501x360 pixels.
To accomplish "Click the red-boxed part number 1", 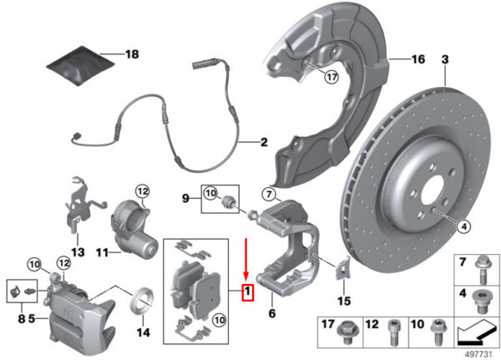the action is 248,292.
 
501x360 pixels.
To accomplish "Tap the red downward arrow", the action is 245,259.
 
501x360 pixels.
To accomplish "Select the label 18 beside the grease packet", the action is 132,54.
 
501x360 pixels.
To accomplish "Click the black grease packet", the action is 80,66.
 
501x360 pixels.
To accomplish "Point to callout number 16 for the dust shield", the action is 418,59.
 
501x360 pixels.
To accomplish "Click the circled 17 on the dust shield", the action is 331,77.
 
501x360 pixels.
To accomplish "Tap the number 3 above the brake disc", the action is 445,59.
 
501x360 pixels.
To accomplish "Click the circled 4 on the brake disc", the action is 464,226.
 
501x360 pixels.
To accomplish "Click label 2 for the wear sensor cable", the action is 264,142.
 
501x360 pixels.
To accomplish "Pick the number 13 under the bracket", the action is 78,252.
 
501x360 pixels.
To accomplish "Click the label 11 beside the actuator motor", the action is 102,253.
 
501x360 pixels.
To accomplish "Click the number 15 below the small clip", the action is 344,301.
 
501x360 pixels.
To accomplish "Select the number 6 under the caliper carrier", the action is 272,313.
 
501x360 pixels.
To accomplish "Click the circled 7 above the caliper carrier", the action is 269,194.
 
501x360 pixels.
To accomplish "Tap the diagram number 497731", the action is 478,354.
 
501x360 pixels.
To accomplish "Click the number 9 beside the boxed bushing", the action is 185,199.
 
